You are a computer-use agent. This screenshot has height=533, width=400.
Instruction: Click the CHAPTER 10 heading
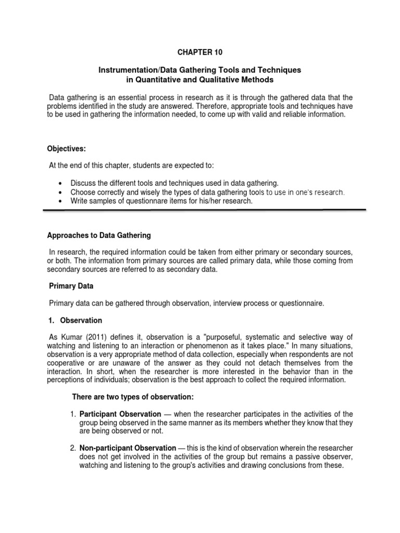(x=199, y=52)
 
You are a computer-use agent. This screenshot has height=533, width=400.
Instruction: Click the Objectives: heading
(x=66, y=148)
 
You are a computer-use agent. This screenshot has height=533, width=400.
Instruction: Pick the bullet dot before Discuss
(x=61, y=183)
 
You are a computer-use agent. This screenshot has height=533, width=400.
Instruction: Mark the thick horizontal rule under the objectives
(x=203, y=211)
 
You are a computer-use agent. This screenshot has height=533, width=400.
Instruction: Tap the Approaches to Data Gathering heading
(x=99, y=235)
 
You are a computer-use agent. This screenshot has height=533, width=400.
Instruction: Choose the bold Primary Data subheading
(x=71, y=286)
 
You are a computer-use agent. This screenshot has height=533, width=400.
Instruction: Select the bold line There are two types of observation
(x=132, y=397)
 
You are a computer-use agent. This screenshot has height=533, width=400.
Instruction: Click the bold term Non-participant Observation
(x=128, y=448)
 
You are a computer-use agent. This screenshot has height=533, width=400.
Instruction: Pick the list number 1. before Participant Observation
(x=73, y=414)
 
